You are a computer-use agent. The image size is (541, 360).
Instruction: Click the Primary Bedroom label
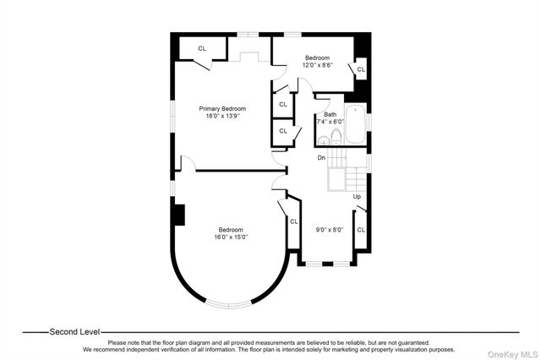pos(222,109)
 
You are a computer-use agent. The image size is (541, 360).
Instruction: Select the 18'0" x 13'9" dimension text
pos(222,117)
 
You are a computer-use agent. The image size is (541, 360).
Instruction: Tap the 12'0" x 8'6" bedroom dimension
pos(319,65)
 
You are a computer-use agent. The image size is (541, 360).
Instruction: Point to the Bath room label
pos(330,115)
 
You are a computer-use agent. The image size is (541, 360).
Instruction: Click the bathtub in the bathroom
pos(358,123)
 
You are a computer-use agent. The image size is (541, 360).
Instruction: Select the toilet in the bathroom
pos(336,137)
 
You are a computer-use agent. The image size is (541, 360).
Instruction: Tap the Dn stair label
pos(321,158)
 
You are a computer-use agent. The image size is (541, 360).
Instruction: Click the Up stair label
pos(358,197)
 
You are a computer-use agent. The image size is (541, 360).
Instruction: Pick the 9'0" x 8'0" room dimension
pos(329,229)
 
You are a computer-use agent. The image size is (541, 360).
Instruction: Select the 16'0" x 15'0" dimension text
pos(230,237)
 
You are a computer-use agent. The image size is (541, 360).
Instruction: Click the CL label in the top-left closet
pos(202,48)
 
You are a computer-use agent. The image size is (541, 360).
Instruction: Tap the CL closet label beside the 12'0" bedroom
pos(361,69)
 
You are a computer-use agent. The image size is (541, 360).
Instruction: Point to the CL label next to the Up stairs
pos(361,229)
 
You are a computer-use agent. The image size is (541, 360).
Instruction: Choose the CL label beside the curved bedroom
pos(294,221)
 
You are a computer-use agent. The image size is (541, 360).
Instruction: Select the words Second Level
pos(74,332)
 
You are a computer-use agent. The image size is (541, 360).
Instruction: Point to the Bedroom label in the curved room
pos(230,230)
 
